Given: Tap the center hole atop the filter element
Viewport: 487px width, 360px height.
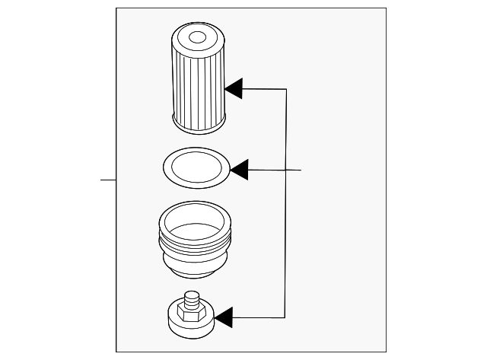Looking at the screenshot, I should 197,36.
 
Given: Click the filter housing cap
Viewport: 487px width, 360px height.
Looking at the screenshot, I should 194,239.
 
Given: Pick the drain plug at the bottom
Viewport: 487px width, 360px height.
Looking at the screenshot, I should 190,316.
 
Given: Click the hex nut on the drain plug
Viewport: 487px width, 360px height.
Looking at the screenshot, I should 189,310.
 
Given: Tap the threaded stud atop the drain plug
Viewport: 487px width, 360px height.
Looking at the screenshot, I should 192,298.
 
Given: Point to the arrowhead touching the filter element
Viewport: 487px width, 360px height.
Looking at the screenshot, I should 234,88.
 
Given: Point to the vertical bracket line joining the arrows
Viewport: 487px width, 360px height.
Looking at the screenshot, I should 285,205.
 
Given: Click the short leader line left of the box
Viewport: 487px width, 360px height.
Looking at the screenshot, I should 108,180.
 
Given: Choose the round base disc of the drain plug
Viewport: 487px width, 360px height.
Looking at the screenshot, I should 190,326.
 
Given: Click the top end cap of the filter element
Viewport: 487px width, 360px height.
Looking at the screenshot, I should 198,37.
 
